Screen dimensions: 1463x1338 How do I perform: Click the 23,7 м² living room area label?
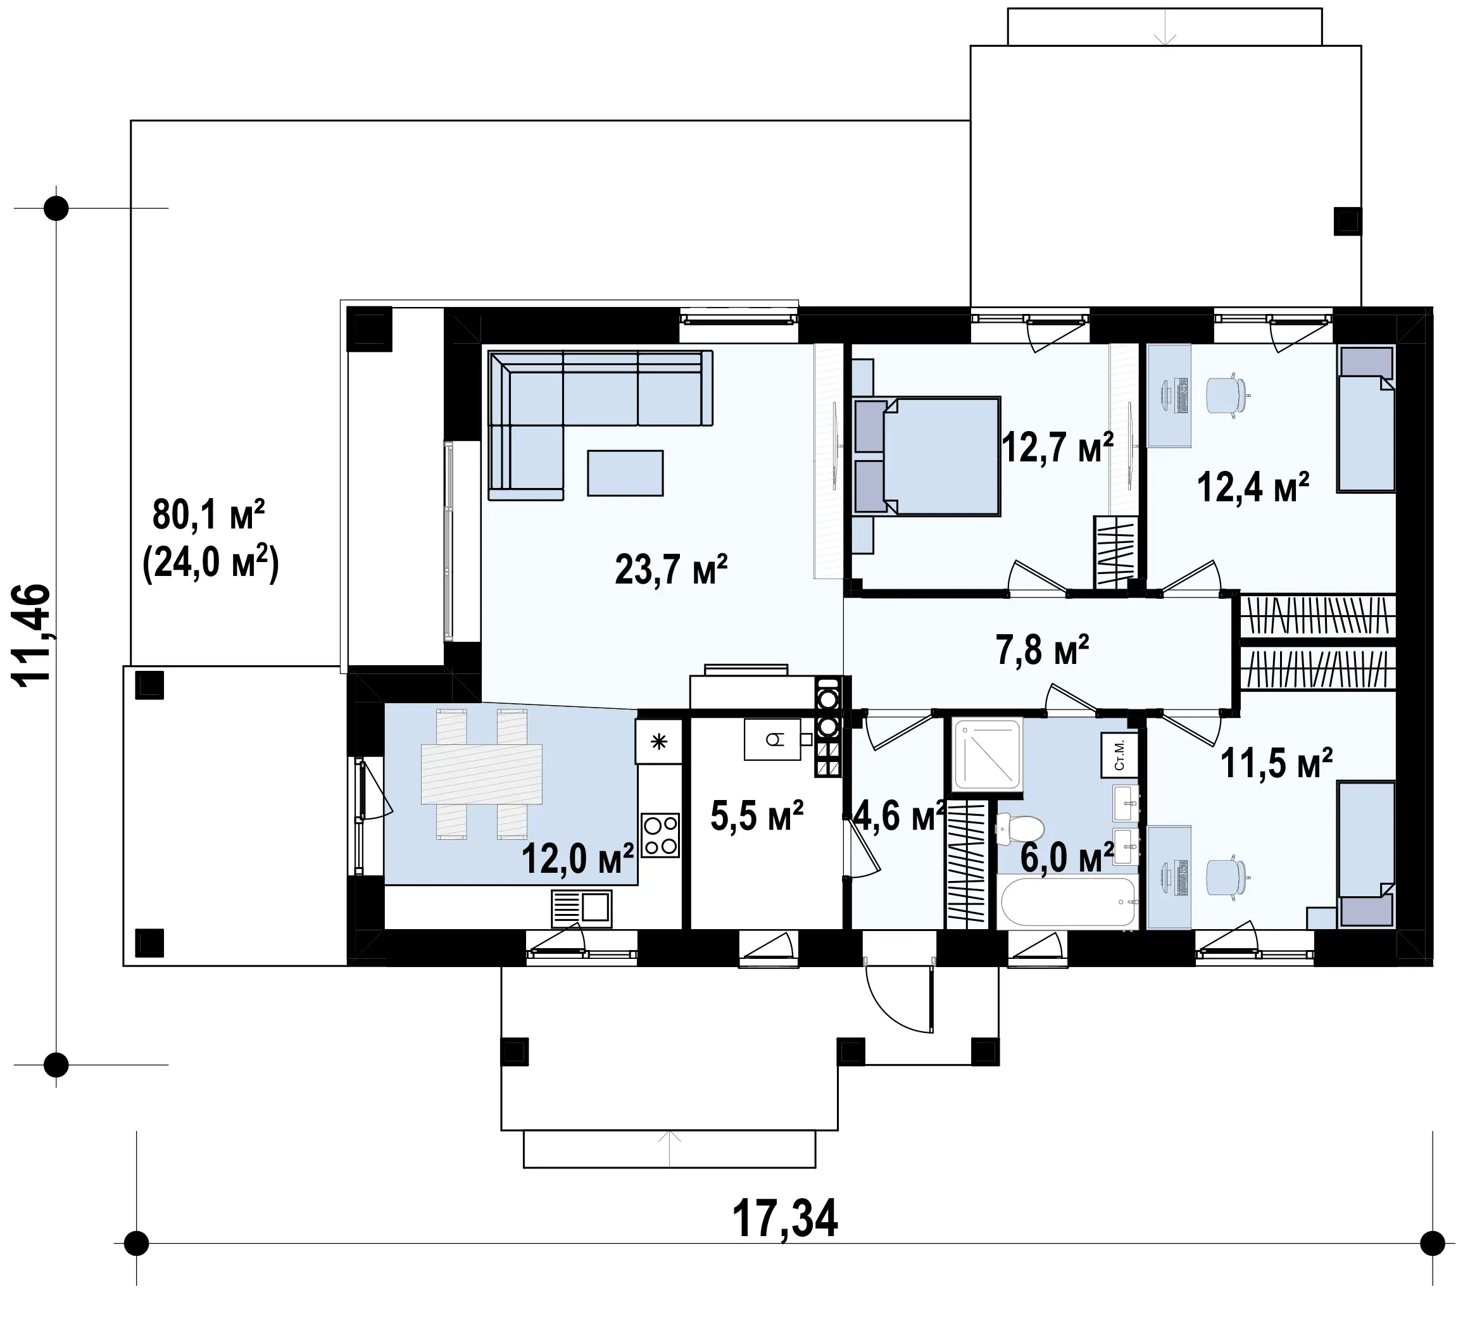[x=670, y=570]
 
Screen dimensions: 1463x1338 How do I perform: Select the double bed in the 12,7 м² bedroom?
[x=927, y=456]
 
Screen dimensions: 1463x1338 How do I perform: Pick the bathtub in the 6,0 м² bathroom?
[x=1067, y=902]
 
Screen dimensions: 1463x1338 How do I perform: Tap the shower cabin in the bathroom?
[x=988, y=753]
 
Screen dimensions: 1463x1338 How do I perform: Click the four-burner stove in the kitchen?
[x=660, y=835]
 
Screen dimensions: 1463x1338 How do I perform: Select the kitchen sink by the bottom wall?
[x=581, y=908]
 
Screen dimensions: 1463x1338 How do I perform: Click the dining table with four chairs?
[x=482, y=774]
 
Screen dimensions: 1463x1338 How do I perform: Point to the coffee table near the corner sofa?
[x=625, y=473]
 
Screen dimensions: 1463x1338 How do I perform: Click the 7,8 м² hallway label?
[x=1042, y=649]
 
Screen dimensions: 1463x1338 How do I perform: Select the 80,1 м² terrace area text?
[x=209, y=515]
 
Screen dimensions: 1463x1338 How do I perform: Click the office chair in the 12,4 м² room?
[x=1228, y=396]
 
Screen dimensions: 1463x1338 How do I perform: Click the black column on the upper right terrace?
[x=1348, y=222]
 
